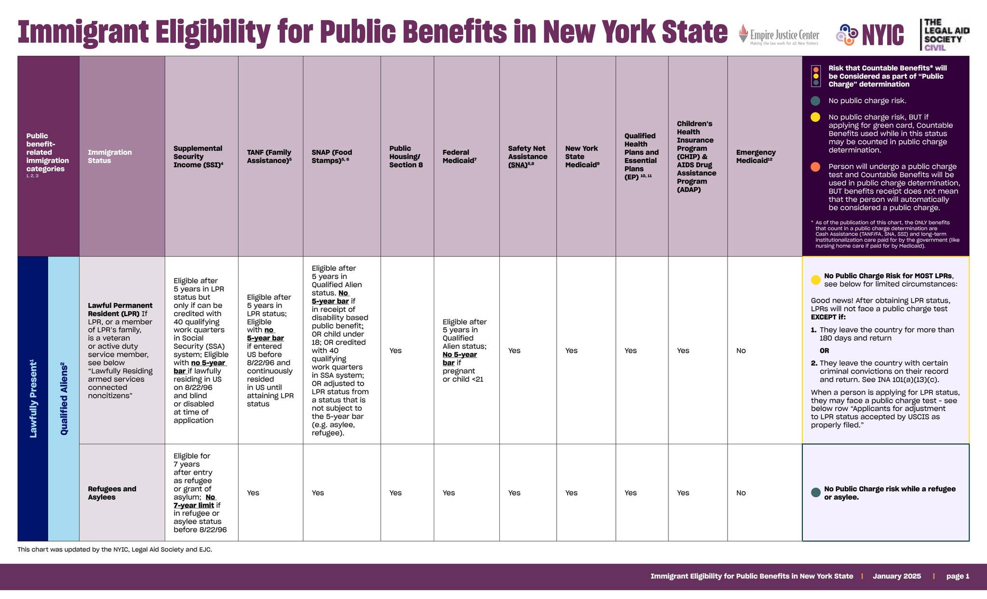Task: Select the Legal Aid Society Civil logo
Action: point(945,35)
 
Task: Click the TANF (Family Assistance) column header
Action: point(269,156)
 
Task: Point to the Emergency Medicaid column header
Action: point(756,156)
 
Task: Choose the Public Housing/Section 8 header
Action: point(406,156)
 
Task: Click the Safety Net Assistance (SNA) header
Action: point(527,156)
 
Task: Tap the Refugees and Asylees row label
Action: point(112,493)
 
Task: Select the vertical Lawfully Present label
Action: point(33,399)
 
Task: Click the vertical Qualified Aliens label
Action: point(64,399)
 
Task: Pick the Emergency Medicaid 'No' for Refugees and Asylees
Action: point(741,493)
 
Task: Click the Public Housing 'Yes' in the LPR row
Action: point(395,350)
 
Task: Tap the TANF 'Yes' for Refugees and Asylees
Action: point(253,493)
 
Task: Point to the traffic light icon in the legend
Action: point(815,76)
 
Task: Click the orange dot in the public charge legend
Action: point(815,167)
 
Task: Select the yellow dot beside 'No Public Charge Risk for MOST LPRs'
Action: point(815,280)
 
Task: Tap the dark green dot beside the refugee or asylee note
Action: point(815,493)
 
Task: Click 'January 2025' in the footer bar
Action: point(896,576)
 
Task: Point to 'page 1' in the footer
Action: point(957,576)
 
